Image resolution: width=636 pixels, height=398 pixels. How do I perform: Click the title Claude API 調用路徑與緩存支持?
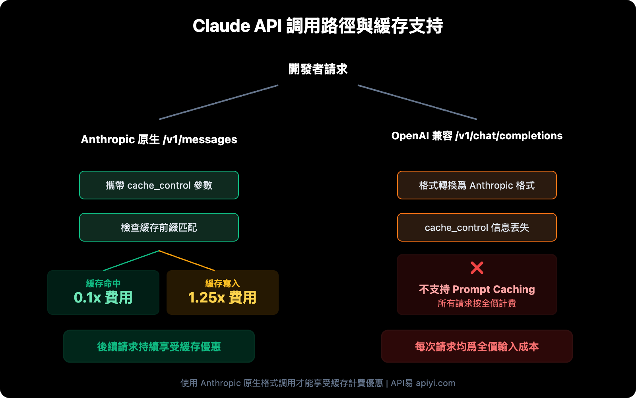click(x=318, y=26)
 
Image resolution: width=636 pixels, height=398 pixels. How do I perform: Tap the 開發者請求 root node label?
click(x=318, y=69)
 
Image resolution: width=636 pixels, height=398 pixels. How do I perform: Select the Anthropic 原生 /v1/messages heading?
click(x=159, y=139)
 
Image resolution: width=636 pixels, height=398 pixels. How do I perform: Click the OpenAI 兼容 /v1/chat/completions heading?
click(x=477, y=136)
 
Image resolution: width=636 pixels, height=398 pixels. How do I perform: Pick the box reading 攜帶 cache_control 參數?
click(x=159, y=185)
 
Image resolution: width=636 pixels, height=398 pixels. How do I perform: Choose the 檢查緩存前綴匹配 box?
click(x=159, y=227)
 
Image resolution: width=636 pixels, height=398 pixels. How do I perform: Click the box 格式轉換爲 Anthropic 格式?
click(x=477, y=185)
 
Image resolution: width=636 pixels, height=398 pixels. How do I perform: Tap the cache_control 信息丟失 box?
click(x=477, y=227)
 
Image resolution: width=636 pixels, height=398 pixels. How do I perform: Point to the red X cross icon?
click(x=477, y=268)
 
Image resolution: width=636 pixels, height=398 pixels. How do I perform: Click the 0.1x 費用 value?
click(x=103, y=298)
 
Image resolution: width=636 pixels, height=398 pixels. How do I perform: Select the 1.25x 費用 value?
click(x=222, y=298)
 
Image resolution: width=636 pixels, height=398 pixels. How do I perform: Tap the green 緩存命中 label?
click(x=103, y=283)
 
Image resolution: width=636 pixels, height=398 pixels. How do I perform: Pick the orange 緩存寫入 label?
click(x=222, y=283)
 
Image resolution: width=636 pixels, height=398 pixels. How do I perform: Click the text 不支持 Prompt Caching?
click(x=477, y=289)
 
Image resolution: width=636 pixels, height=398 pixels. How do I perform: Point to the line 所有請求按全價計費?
click(x=477, y=303)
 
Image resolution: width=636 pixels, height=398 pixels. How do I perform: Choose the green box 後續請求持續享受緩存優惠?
click(x=159, y=346)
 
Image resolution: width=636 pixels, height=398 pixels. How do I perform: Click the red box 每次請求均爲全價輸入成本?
click(x=477, y=346)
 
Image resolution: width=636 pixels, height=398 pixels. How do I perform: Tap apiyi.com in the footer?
click(x=435, y=383)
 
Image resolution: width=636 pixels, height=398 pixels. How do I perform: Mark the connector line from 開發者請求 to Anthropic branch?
click(x=219, y=102)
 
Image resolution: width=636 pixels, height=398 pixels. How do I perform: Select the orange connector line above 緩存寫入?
click(x=187, y=261)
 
